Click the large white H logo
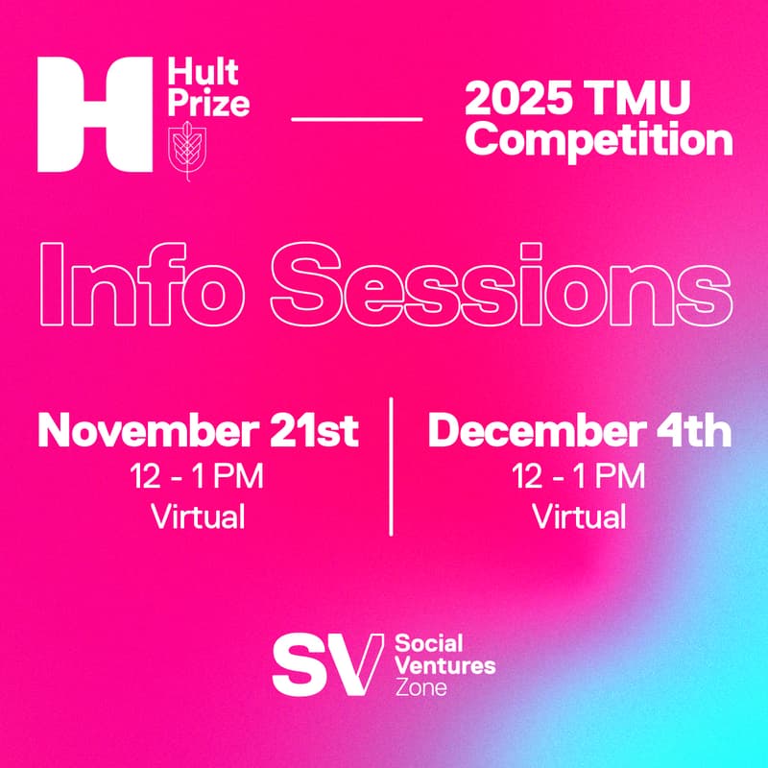[x=92, y=114]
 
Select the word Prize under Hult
[x=207, y=102]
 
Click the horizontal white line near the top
[x=356, y=119]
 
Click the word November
[x=142, y=432]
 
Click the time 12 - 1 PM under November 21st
[x=198, y=476]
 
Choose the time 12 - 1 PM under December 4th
[x=579, y=476]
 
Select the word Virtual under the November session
[x=198, y=516]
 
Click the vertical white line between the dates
[x=392, y=465]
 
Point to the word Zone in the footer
[x=421, y=687]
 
